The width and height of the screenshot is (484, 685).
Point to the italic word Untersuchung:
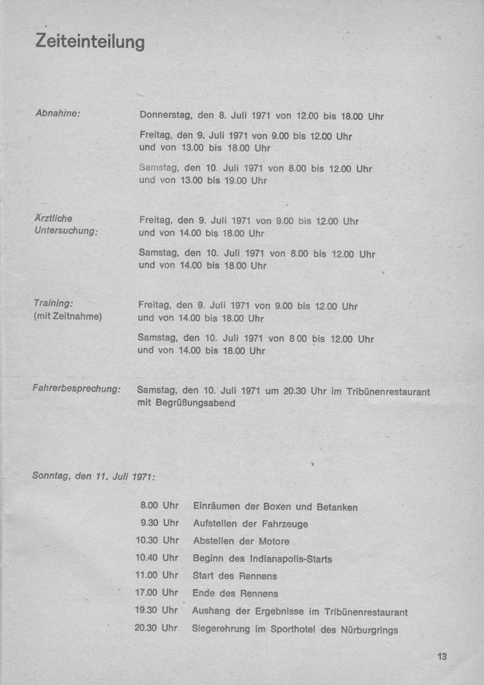pos(66,231)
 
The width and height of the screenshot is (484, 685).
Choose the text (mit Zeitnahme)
pos(67,316)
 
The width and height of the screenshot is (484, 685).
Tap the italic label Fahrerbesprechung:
pos(77,388)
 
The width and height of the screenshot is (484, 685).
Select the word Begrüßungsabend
pos(196,403)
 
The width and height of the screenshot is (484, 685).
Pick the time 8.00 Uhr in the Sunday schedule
pos(160,506)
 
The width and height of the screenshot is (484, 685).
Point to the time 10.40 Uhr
pos(157,558)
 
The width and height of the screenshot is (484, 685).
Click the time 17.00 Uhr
pos(157,593)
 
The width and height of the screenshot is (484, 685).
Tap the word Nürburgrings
pos(366,630)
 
